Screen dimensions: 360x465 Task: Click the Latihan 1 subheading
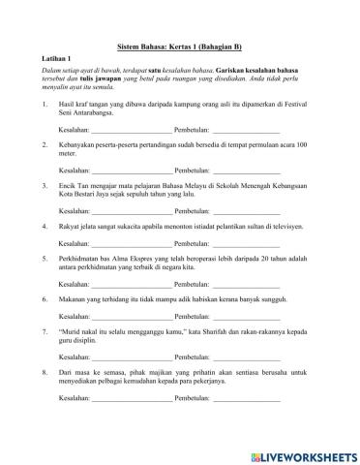tap(45, 59)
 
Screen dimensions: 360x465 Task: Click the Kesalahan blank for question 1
tap(132, 129)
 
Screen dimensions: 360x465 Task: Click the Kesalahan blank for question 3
tap(132, 210)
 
